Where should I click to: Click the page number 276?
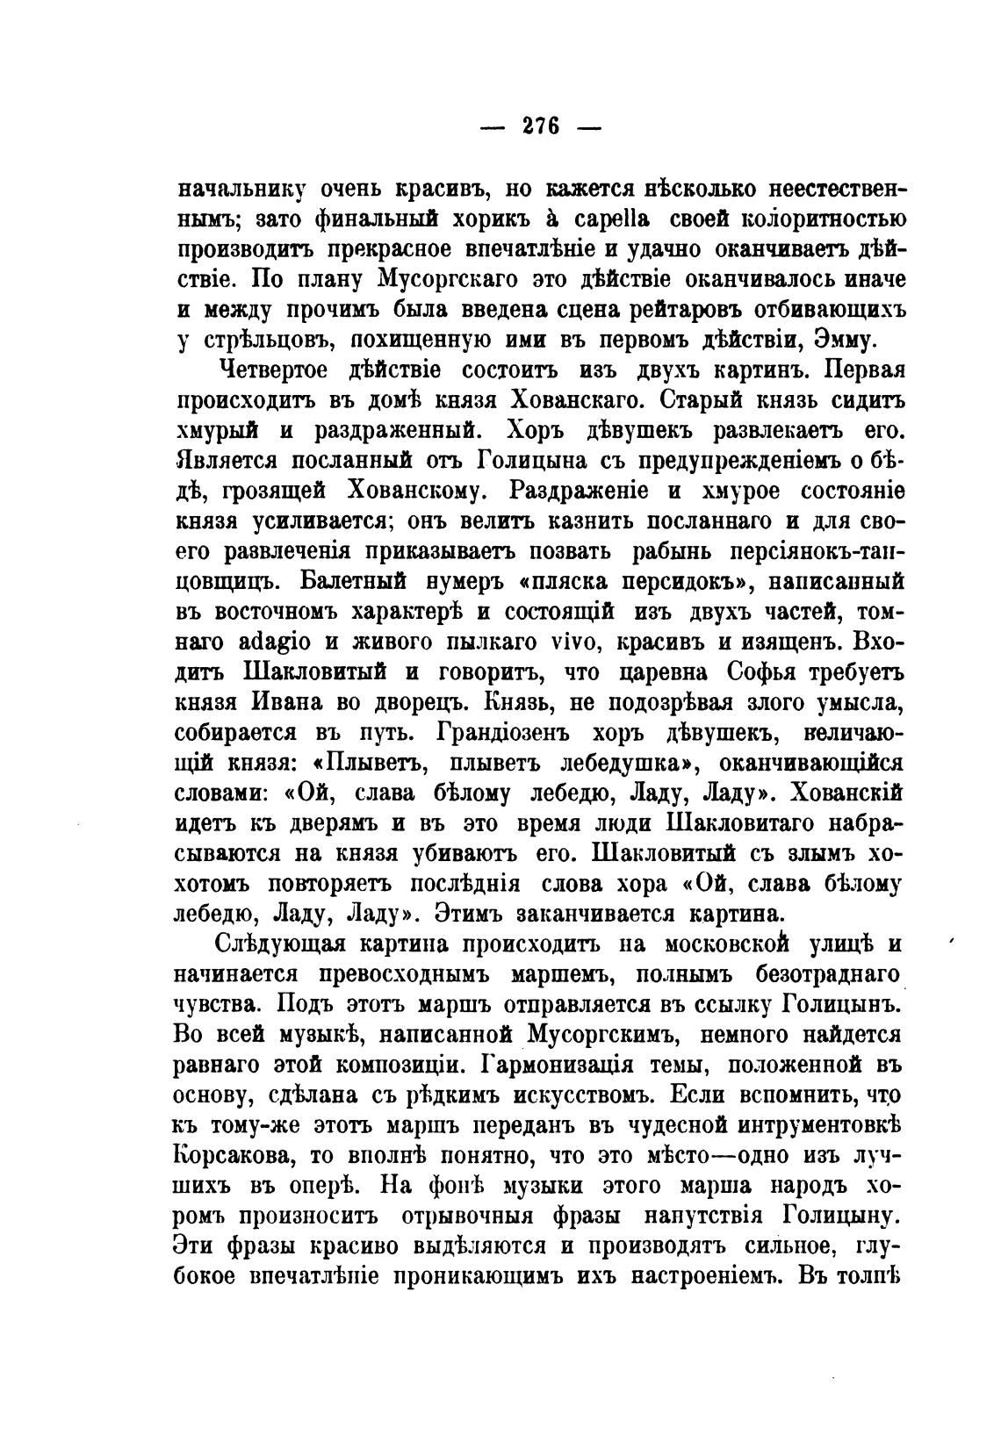click(x=540, y=124)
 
